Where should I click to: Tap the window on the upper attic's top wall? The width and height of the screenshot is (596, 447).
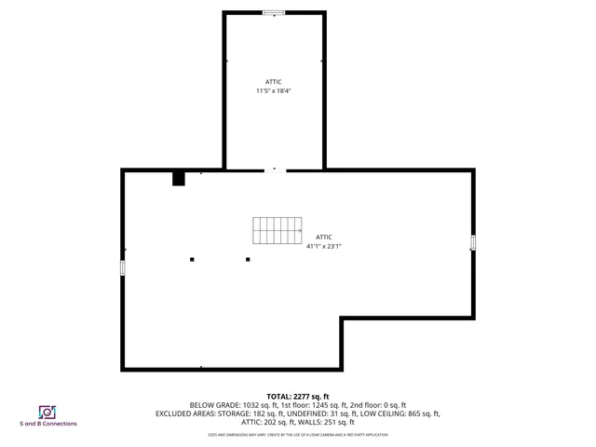click(x=273, y=12)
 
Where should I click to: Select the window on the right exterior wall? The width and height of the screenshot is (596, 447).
click(x=473, y=242)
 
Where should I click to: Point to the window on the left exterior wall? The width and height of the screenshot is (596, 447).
click(x=123, y=267)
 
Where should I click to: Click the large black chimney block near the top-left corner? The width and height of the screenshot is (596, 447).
click(x=179, y=178)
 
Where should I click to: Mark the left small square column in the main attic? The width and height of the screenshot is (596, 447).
click(x=192, y=259)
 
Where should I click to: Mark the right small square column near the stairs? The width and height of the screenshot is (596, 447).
click(x=248, y=259)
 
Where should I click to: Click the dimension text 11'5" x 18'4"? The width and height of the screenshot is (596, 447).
click(x=274, y=91)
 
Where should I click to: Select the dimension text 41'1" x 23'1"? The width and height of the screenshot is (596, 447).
click(x=324, y=246)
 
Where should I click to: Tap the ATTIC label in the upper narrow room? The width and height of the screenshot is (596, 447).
click(x=274, y=82)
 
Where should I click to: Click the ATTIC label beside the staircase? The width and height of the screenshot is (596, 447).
click(x=324, y=237)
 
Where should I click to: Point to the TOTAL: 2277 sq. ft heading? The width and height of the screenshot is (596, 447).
click(x=298, y=396)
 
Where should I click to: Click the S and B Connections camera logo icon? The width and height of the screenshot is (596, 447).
click(x=47, y=412)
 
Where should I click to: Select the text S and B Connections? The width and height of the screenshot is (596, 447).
click(x=48, y=424)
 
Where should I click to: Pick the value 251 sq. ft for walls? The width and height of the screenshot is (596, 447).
click(x=338, y=422)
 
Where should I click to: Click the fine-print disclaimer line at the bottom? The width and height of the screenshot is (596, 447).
click(x=298, y=435)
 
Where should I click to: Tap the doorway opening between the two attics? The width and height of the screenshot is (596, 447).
click(x=275, y=169)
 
